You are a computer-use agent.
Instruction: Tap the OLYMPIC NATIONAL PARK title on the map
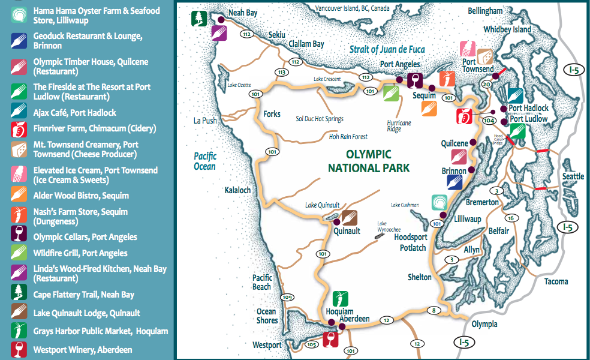tap(368, 161)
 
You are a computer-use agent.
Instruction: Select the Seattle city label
tap(573, 176)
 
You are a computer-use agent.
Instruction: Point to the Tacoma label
tap(556, 281)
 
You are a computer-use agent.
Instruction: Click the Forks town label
tap(272, 114)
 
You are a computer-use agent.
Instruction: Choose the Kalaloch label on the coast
tap(237, 190)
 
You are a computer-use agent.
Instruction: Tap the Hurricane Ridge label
tap(399, 126)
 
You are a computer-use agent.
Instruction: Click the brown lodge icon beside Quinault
tap(350, 218)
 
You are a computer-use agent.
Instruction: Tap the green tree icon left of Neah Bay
tap(198, 19)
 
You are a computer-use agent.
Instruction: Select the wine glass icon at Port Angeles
tap(414, 80)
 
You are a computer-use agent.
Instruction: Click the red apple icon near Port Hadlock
tap(463, 115)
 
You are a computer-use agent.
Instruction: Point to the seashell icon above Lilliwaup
tap(440, 202)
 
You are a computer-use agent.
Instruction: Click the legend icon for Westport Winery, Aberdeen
tap(19, 349)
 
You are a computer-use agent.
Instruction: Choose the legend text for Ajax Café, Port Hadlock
tap(75, 113)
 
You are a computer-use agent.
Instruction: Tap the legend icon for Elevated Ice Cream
tap(19, 174)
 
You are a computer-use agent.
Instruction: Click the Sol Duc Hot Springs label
tap(320, 119)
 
